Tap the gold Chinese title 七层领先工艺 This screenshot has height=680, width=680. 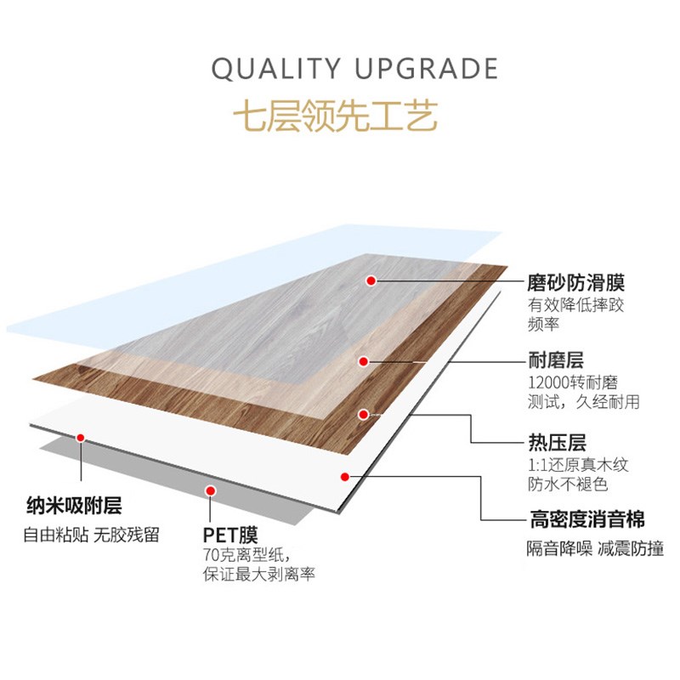340,116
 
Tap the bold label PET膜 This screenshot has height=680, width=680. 229,535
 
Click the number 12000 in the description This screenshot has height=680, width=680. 550,382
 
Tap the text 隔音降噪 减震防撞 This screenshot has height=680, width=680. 595,548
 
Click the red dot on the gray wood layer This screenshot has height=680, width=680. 371,280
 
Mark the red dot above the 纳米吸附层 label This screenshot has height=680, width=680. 81,439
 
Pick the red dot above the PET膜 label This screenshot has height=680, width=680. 209,490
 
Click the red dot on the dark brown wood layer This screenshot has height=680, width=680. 364,415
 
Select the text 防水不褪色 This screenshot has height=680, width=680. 562,485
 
